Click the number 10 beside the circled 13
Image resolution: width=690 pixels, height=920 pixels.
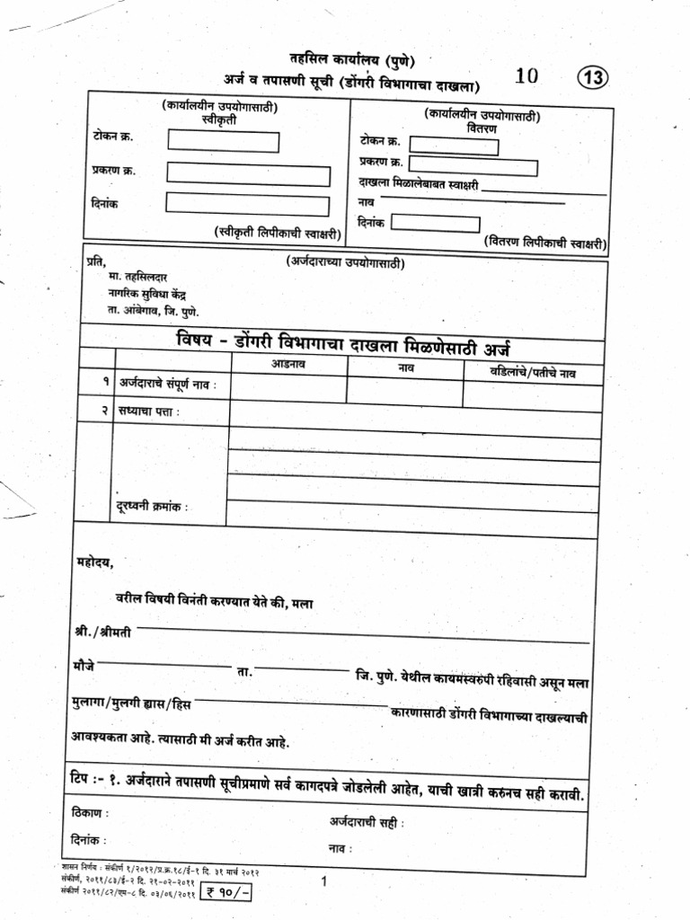tap(526, 76)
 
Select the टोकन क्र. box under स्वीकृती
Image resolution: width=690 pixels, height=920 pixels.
tap(223, 142)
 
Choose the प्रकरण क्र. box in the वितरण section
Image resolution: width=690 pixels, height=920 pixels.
tap(473, 167)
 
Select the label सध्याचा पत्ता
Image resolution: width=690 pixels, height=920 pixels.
tap(148, 411)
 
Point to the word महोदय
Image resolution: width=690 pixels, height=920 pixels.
tap(94, 562)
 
